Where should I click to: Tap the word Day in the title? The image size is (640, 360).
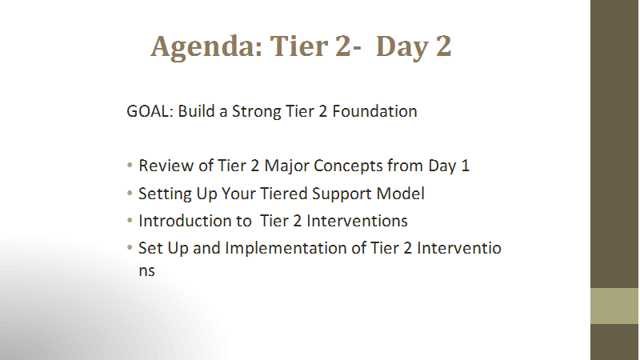402,47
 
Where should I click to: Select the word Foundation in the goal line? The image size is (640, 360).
374,111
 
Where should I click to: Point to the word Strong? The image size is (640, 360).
256,112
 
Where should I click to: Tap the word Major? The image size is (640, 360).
286,166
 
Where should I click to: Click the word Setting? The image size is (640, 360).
165,194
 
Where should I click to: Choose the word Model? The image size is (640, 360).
401,194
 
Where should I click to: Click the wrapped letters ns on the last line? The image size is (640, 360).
146,271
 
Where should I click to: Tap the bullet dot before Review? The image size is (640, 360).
130,166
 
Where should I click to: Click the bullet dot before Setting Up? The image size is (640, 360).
130,193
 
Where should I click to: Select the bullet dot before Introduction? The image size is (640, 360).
130,221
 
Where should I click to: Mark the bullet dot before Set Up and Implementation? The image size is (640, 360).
130,247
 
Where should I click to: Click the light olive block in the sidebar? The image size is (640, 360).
614,306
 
